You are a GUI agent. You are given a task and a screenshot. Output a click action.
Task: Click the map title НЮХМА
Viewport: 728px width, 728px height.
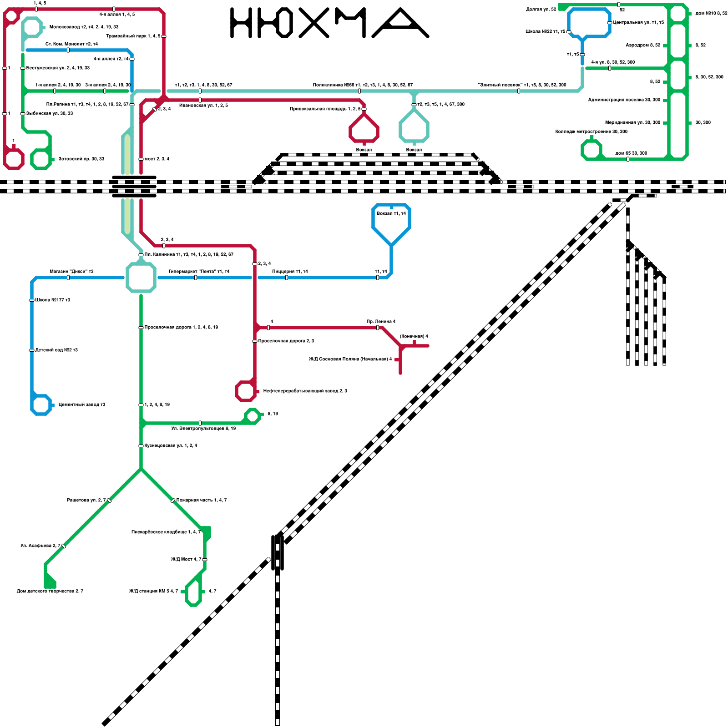click(x=329, y=23)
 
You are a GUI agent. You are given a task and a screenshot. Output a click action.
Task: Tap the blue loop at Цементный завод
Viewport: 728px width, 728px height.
click(x=41, y=405)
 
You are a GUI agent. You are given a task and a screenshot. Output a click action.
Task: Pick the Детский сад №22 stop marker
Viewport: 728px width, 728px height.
click(x=32, y=350)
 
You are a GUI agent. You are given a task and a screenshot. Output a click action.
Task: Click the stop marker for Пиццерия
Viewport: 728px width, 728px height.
click(x=287, y=278)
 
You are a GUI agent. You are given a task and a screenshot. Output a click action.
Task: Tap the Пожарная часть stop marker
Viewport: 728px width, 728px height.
click(x=173, y=500)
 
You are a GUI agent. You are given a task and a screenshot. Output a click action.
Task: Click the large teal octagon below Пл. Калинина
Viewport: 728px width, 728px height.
click(x=141, y=277)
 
